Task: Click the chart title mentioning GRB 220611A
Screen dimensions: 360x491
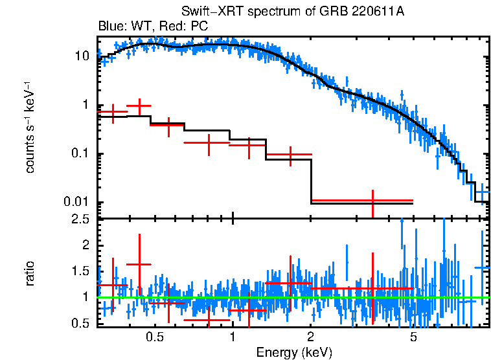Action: click(295, 13)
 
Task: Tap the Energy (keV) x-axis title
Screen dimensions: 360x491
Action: click(294, 352)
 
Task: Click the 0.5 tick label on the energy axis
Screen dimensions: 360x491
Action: click(154, 337)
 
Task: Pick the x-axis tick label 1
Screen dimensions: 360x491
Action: click(233, 337)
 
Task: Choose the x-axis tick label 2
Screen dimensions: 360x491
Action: click(311, 337)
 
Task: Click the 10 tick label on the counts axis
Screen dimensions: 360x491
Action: click(82, 56)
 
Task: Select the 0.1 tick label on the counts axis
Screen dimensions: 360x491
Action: click(80, 154)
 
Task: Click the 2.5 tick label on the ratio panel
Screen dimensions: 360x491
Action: click(80, 220)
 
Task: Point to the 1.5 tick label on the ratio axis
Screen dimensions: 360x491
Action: click(80, 271)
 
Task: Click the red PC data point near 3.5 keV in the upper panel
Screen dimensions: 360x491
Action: click(372, 201)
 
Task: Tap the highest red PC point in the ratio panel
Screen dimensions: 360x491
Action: click(139, 264)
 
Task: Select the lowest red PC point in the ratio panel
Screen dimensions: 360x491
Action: click(209, 319)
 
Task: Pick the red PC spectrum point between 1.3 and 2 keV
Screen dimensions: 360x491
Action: click(290, 155)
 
